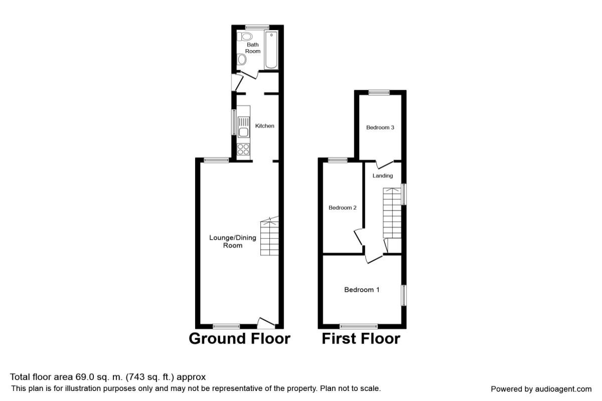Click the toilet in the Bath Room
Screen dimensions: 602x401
point(245,37)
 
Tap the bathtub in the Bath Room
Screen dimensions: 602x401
point(271,50)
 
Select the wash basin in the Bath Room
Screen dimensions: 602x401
point(242,59)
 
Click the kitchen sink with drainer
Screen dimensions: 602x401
point(243,127)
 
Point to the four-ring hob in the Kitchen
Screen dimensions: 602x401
point(243,149)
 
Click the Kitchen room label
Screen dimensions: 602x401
point(265,126)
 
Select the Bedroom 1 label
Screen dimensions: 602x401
point(362,290)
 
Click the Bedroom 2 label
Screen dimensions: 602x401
point(342,208)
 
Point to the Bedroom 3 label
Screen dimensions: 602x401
point(380,127)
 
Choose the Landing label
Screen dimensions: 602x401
point(382,175)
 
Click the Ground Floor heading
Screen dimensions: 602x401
point(239,338)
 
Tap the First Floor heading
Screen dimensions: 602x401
point(361,338)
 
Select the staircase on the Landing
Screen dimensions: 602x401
point(392,213)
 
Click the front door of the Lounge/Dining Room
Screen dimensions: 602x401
point(266,323)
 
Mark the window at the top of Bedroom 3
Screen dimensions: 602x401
point(379,93)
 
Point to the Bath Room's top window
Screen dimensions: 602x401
point(257,27)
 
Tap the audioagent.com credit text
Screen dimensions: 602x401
point(541,389)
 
